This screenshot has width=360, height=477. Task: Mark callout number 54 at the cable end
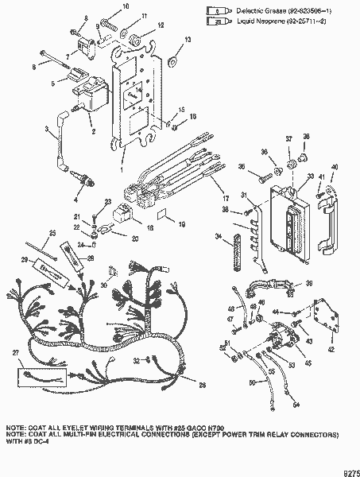296,405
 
